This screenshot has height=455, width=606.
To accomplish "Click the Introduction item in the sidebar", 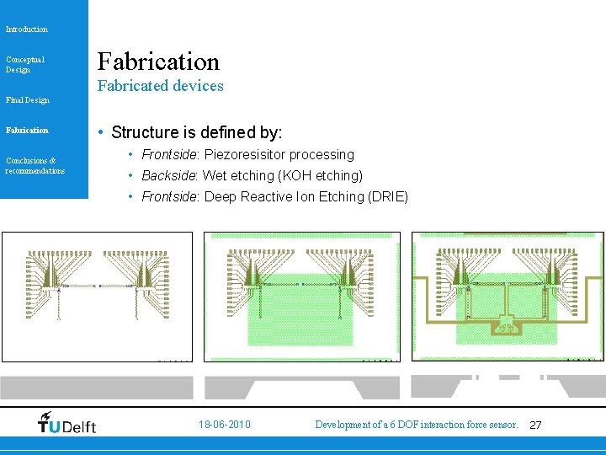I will point(27,29).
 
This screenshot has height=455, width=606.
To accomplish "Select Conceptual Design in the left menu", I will point(25,64).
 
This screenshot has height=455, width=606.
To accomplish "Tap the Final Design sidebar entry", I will point(28,100).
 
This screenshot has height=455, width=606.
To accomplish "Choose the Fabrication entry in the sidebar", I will point(27,131).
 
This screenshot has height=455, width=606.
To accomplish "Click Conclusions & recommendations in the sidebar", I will point(35,165).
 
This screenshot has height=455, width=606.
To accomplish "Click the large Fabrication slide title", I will point(158,61).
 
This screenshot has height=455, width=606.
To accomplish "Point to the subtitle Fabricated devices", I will point(161,86).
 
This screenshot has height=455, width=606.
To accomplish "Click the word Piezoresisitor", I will point(244,155).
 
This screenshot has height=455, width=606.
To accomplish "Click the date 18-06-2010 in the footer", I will point(225,425).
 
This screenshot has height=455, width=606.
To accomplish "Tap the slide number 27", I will point(535,426).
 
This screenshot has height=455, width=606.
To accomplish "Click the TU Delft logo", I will point(67,423).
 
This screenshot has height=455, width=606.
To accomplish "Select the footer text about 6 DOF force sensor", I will point(416,425).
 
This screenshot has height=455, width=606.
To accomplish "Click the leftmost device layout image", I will point(97,297).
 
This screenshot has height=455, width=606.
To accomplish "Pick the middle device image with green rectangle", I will point(303,297).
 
